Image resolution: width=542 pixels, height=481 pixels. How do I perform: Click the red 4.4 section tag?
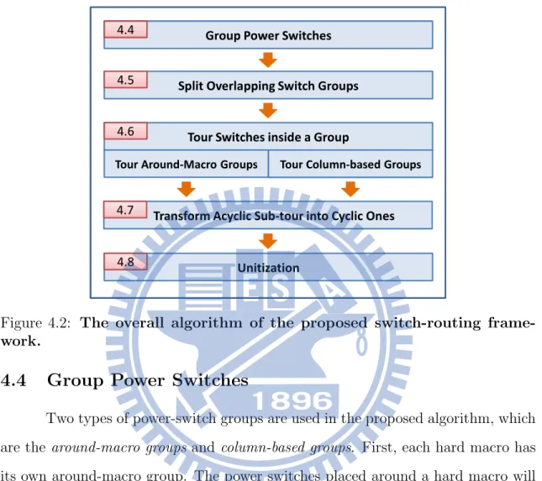(126, 29)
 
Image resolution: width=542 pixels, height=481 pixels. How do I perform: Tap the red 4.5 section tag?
(126, 80)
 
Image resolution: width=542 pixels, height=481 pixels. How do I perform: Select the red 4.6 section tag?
(126, 131)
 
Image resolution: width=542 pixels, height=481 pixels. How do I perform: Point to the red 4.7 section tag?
(125, 210)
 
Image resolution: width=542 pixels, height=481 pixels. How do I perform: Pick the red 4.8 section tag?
(126, 262)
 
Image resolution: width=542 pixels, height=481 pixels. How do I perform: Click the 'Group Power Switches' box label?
(268, 35)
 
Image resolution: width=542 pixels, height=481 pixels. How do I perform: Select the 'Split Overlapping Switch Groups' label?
(268, 86)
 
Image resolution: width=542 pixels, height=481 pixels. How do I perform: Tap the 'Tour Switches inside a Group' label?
(268, 137)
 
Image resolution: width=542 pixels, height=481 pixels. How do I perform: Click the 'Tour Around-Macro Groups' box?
(187, 164)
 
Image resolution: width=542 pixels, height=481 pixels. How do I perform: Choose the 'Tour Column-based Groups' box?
(350, 164)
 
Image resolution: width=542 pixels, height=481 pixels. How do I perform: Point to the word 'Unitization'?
(268, 268)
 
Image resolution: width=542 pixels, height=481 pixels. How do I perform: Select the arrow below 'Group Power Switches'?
(268, 60)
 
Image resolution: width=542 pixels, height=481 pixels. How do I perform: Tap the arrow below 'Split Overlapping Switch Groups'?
(268, 111)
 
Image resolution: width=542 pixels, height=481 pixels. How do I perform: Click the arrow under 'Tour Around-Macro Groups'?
(187, 189)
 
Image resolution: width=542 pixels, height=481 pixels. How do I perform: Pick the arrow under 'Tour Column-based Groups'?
(350, 189)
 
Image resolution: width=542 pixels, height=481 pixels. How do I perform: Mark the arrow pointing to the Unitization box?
(268, 241)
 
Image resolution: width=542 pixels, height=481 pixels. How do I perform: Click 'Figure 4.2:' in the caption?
(35, 323)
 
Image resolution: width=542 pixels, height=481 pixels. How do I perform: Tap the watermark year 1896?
(292, 401)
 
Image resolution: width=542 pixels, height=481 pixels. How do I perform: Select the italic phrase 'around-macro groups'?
(119, 448)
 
